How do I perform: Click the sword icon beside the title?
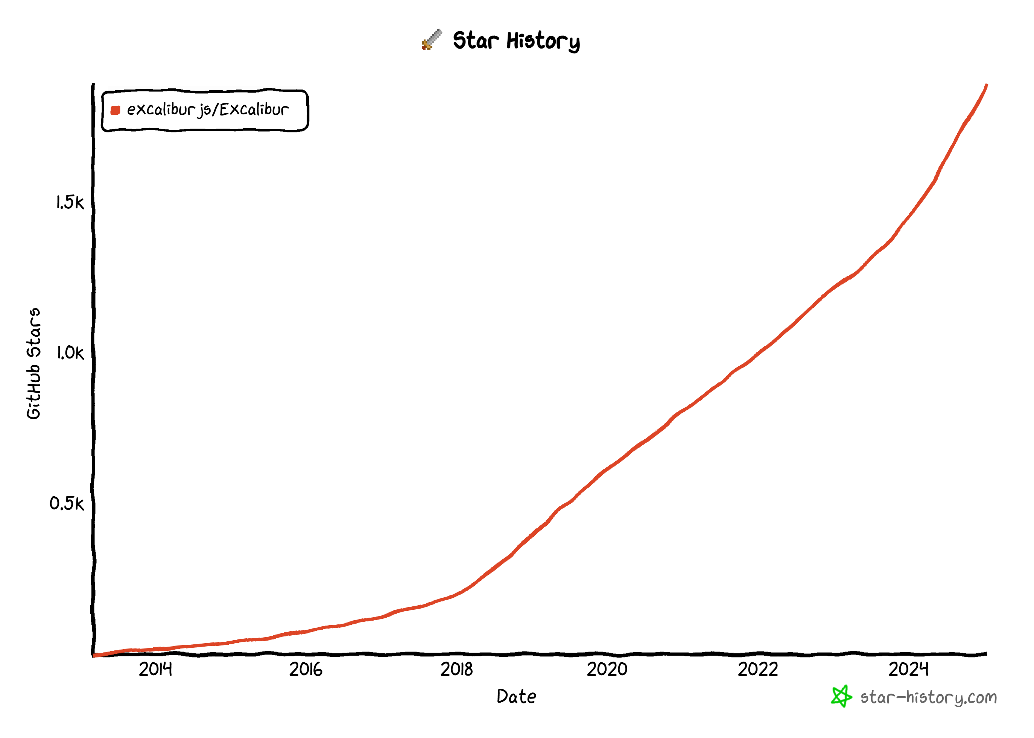click(431, 39)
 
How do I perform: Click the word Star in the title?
click(475, 41)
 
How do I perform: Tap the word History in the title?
click(543, 41)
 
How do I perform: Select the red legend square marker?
click(116, 110)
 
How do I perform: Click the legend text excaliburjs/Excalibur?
click(208, 110)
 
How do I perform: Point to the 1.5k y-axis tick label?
click(70, 203)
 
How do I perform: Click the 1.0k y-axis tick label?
click(70, 353)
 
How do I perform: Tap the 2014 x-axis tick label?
click(155, 670)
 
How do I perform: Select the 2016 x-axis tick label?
click(306, 670)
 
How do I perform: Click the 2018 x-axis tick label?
click(456, 670)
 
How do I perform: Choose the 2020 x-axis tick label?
click(607, 670)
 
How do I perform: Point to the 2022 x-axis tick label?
click(758, 670)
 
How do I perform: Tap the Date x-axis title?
click(516, 697)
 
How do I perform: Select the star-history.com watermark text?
click(929, 697)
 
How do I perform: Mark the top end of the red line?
click(986, 85)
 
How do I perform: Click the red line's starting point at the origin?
click(94, 655)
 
